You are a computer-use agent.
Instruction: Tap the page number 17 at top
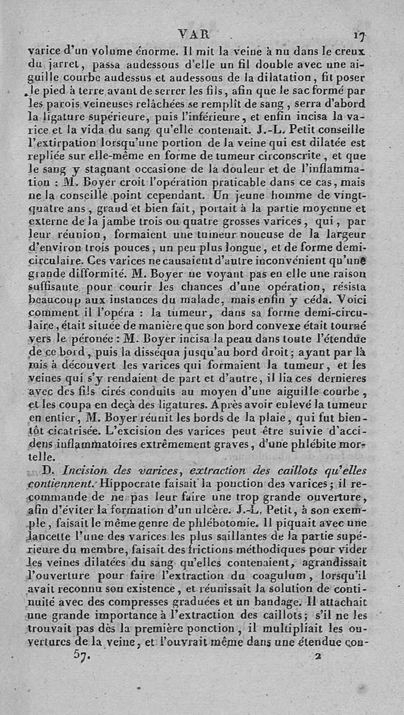tap(361, 35)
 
